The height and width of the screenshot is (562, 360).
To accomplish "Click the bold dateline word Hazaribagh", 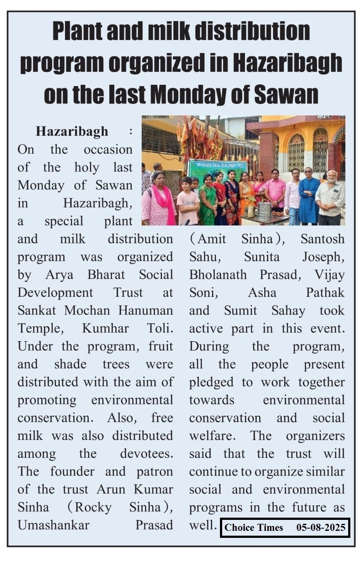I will [72, 131].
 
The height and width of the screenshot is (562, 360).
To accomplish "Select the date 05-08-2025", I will [321, 527].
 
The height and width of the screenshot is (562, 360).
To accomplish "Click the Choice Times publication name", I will [254, 527].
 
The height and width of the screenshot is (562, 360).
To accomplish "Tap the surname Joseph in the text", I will [323, 257].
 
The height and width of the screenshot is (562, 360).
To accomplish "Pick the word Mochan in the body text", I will [90, 310].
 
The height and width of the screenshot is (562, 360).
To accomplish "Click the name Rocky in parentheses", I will [93, 507].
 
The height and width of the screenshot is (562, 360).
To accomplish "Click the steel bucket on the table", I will [264, 212].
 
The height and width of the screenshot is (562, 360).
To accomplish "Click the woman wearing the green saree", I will [207, 200].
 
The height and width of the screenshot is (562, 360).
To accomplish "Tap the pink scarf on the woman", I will [165, 202].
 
